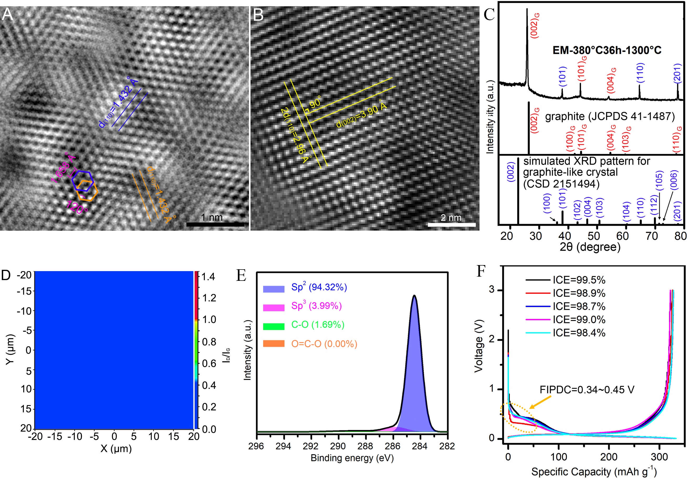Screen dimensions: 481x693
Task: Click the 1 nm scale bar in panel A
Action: click(x=215, y=224)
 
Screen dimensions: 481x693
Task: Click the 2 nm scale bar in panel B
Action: click(x=451, y=225)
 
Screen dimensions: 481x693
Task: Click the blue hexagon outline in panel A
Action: click(x=82, y=181)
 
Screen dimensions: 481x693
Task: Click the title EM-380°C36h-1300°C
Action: click(x=607, y=50)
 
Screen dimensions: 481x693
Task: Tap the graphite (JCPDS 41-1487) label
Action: click(x=609, y=116)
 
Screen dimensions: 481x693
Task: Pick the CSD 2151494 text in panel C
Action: click(x=561, y=184)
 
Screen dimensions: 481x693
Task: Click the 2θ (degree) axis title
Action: click(x=590, y=247)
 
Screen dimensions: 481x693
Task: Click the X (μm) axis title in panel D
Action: click(x=116, y=448)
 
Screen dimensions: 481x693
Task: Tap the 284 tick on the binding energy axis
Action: click(x=420, y=446)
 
